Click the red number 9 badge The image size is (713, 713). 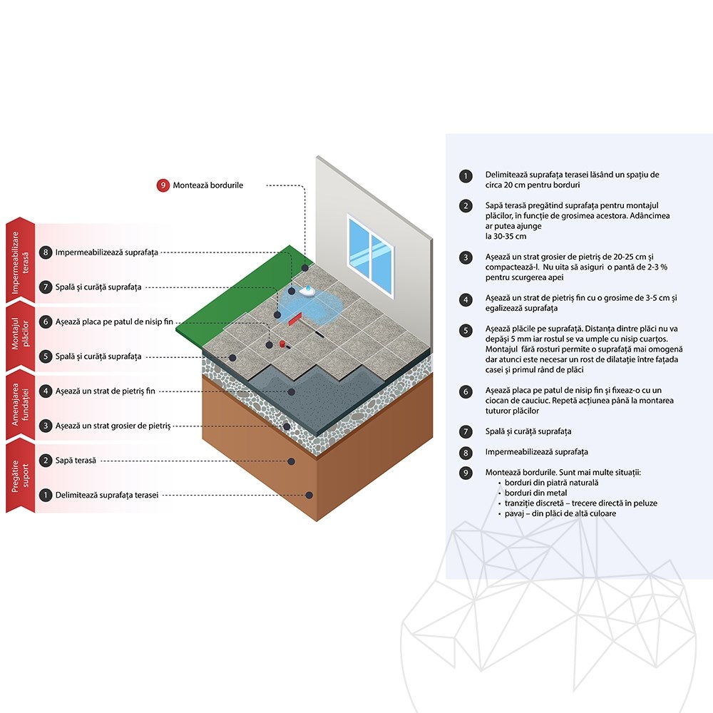[163, 185]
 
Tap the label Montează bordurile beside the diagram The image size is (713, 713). [207, 185]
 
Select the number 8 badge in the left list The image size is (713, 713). [45, 252]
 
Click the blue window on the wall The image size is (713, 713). [370, 255]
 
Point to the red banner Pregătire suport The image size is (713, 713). [21, 476]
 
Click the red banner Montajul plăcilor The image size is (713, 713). [21, 337]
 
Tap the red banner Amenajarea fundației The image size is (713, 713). [21, 405]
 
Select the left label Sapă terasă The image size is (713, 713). [76, 461]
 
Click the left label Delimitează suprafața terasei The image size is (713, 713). [107, 496]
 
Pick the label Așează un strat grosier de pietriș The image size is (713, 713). [113, 426]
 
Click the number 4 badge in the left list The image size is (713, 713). [45, 391]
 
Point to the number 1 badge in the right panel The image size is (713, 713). [465, 176]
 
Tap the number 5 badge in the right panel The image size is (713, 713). [465, 330]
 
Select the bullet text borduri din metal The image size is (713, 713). [535, 493]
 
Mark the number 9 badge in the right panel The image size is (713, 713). [465, 473]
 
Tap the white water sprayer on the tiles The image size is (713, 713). [307, 291]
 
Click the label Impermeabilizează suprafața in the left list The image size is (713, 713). [107, 252]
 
